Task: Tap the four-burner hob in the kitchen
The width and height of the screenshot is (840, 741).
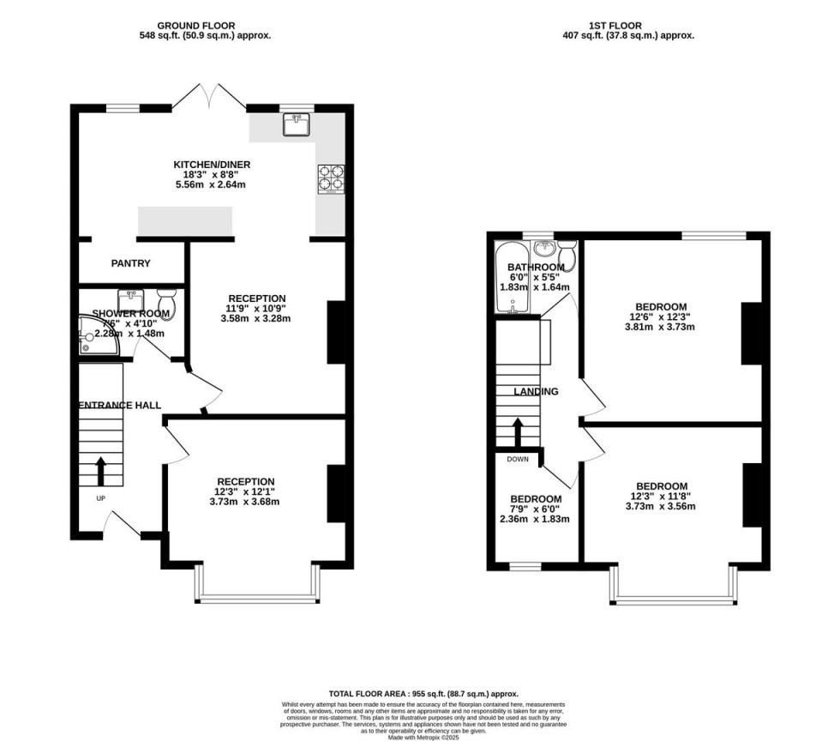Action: point(331,178)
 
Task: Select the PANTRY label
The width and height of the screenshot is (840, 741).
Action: point(131,263)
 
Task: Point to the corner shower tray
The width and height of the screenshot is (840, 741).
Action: point(89,335)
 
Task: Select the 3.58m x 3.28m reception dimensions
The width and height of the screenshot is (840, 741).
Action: point(255,319)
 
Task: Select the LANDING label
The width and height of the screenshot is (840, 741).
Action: point(536,392)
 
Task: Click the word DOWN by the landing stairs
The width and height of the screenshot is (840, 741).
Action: point(518,459)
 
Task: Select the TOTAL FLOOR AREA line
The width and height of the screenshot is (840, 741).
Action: point(423,693)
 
